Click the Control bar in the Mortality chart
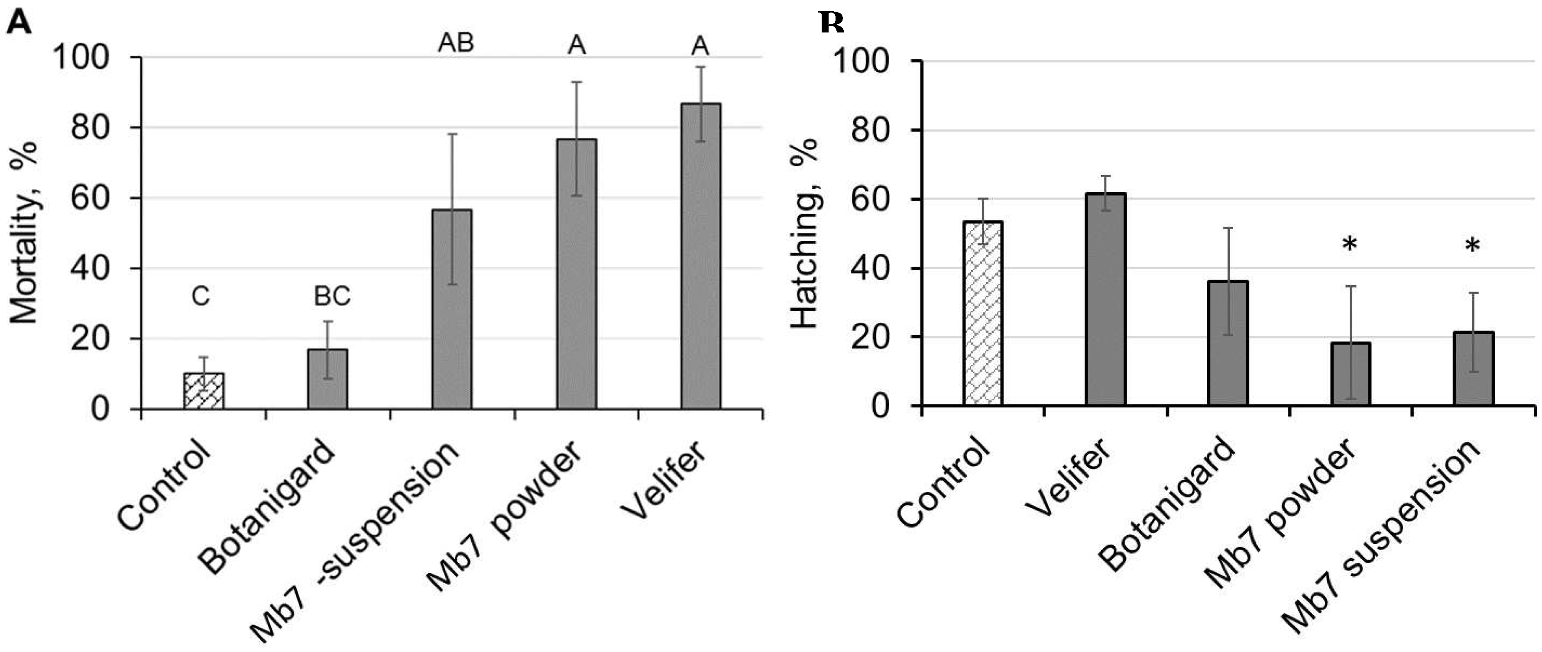204,392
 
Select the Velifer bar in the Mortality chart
700,257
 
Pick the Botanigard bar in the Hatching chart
1228,344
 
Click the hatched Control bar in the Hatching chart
983,314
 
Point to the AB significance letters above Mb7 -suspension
456,43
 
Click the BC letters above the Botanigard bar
332,296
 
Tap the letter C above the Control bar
201,296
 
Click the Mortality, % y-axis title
25,233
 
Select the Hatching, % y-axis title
805,233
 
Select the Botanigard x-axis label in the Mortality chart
266,505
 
